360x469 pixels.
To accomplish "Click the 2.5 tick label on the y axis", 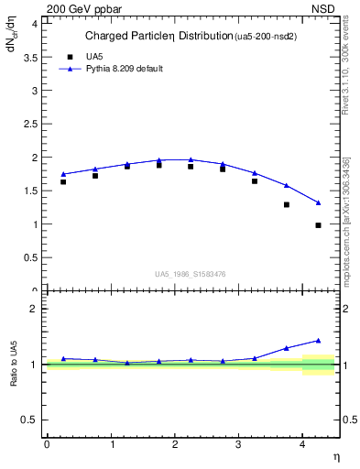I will [32, 124].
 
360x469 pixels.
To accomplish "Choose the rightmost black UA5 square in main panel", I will [318, 225].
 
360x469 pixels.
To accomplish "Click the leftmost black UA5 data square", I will [63, 181].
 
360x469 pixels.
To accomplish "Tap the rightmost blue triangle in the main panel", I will [318, 202].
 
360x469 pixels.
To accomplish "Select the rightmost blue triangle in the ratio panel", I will [318, 341].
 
